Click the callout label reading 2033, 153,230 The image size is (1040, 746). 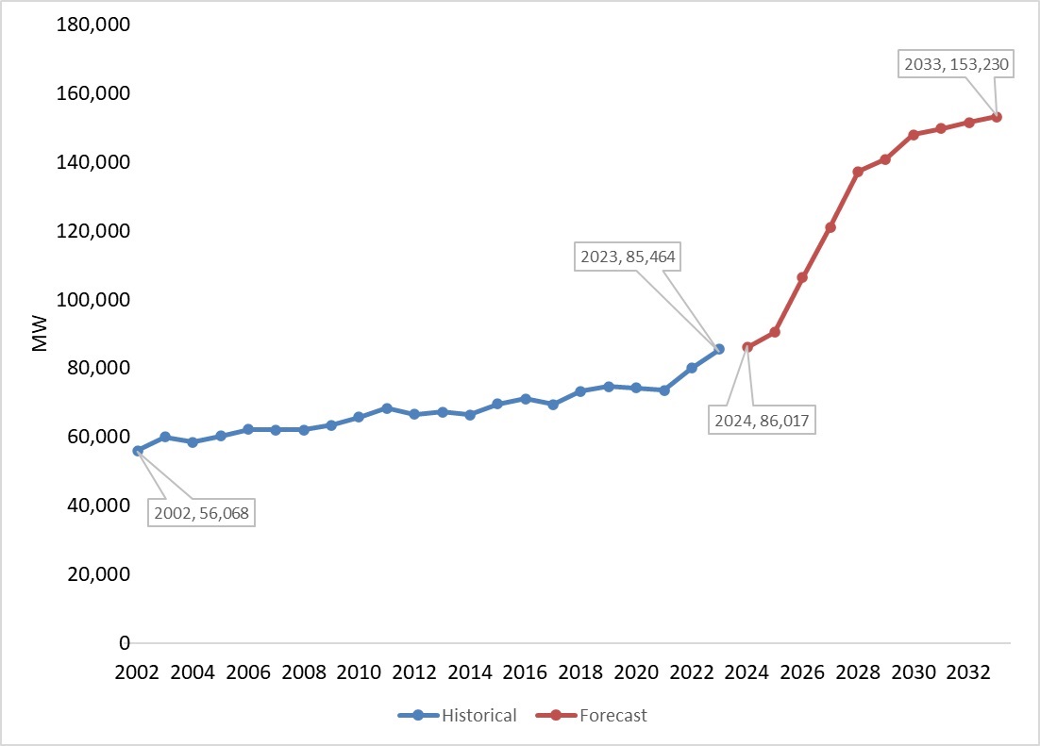[x=948, y=66]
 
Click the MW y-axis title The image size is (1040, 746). [x=40, y=334]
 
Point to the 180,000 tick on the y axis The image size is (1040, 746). [x=92, y=25]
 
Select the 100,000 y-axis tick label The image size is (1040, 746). [x=92, y=300]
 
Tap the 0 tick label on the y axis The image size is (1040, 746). [x=123, y=643]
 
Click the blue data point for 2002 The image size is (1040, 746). [x=138, y=451]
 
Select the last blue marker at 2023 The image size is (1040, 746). [x=719, y=349]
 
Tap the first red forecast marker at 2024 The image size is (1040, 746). [x=746, y=347]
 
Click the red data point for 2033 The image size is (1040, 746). [x=997, y=117]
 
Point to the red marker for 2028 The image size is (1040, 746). [x=858, y=172]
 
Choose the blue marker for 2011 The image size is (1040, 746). [x=387, y=408]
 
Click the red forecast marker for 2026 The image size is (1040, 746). [x=802, y=277]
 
